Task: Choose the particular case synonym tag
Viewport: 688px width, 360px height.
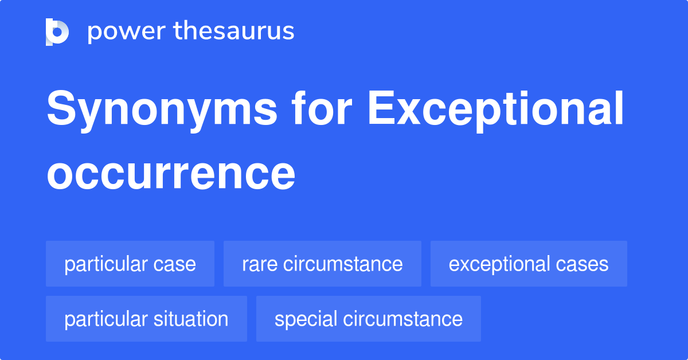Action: tap(130, 264)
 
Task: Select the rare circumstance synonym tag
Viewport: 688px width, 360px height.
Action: tap(322, 264)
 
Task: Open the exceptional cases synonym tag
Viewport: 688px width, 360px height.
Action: tap(529, 264)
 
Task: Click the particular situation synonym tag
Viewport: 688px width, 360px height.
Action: tap(146, 319)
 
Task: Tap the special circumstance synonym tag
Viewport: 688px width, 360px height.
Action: tap(368, 319)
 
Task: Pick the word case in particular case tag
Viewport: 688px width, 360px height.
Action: tap(174, 264)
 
